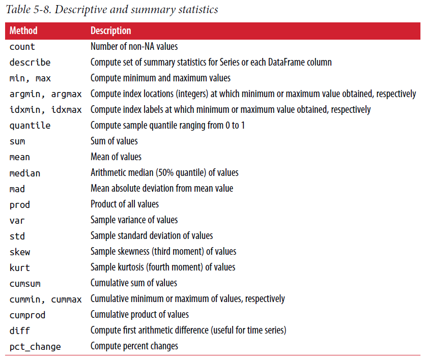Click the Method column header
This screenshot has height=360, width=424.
click(23, 31)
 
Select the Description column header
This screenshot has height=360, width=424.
click(110, 31)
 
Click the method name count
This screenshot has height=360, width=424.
click(22, 47)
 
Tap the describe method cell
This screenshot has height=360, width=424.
click(30, 63)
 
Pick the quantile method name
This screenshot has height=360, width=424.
click(30, 126)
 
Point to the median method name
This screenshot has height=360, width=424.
click(25, 173)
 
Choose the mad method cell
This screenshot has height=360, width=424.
click(17, 189)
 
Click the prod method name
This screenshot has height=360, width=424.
click(20, 204)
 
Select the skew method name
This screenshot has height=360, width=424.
click(20, 252)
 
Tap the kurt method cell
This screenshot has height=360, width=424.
click(20, 267)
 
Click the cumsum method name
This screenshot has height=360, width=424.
click(25, 283)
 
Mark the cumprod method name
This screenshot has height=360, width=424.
click(27, 315)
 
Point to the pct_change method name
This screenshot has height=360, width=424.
click(35, 347)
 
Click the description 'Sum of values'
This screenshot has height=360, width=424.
click(114, 141)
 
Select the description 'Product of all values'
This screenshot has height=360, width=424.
click(125, 204)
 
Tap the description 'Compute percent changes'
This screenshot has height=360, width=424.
click(134, 346)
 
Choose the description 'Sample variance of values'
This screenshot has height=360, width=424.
click(134, 220)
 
